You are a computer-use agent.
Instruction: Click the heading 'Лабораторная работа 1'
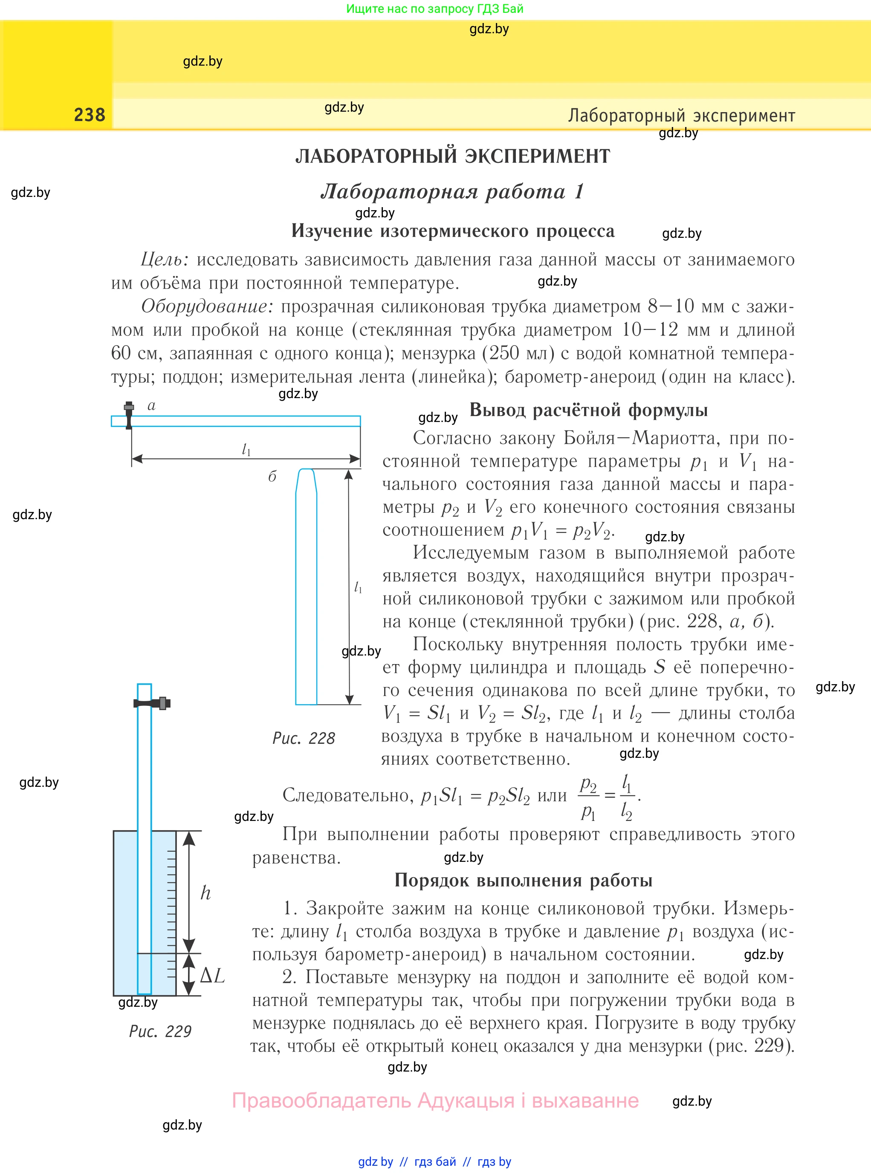tap(452, 191)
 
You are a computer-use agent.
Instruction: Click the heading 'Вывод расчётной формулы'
tap(588, 410)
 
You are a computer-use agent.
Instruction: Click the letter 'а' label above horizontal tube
tap(152, 405)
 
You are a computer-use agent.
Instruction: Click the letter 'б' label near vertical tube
tap(272, 477)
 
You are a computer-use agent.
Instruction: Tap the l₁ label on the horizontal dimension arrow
tap(246, 449)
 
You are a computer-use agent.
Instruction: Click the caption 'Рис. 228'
tap(304, 738)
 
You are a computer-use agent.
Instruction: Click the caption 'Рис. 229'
tap(160, 1031)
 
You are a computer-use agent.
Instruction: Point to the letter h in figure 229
tap(205, 893)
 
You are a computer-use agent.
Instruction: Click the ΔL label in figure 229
tap(212, 975)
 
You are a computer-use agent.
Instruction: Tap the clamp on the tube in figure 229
tap(153, 703)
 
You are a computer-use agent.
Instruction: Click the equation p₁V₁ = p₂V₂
tap(563, 530)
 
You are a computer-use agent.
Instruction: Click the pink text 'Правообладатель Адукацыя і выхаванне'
tap(436, 1100)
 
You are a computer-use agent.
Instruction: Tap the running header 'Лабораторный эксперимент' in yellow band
tap(681, 116)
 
